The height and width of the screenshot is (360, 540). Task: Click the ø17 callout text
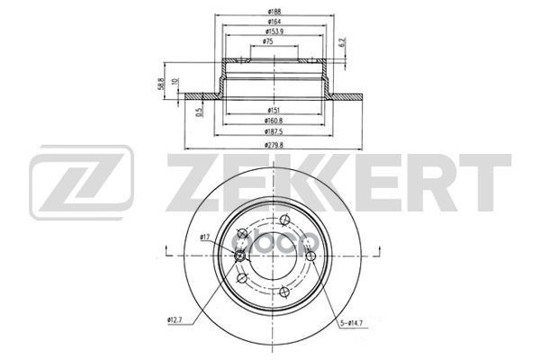pyautogui.click(x=204, y=238)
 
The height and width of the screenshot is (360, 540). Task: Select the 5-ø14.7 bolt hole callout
pyautogui.click(x=352, y=324)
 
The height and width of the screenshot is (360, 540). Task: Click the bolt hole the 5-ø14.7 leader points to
pyautogui.click(x=310, y=257)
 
